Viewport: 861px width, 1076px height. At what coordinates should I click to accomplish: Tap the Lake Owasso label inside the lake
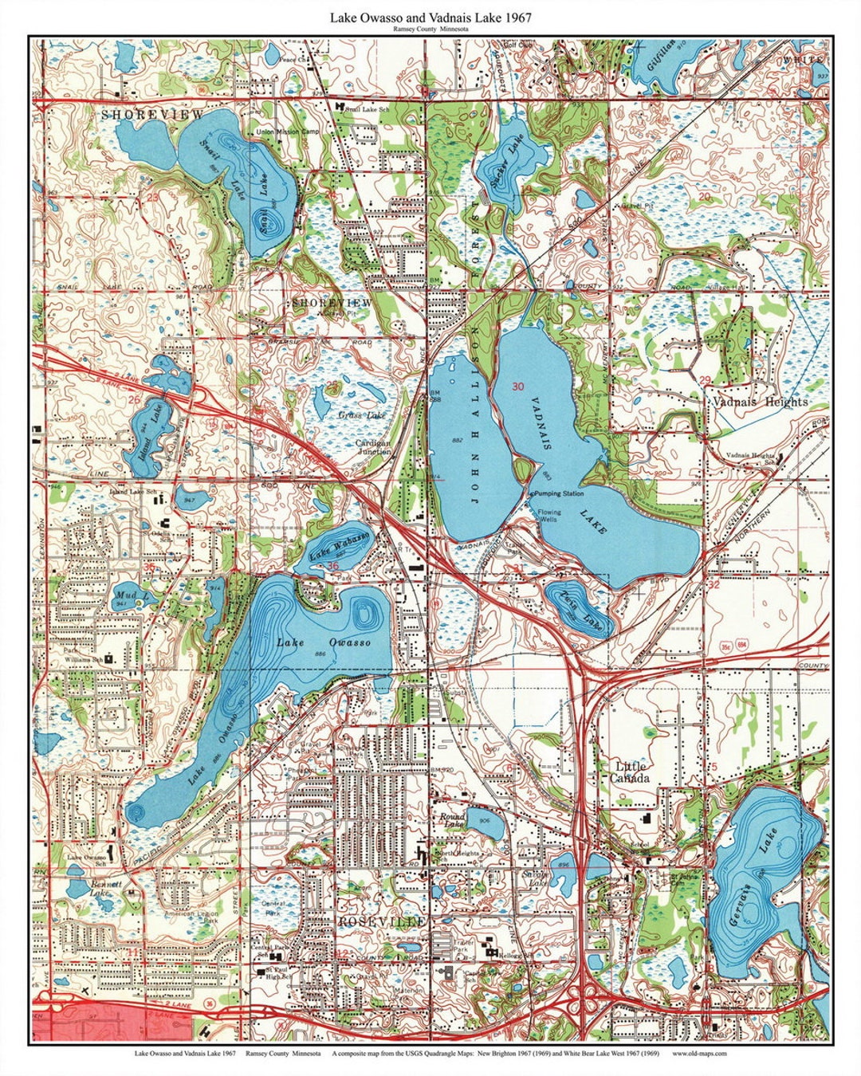tap(324, 642)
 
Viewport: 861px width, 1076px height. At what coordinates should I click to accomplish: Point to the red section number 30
tap(518, 387)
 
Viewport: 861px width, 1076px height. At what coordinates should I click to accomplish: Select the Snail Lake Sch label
tap(368, 109)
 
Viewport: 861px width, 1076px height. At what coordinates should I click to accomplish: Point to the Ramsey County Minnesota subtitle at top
tap(430, 29)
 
